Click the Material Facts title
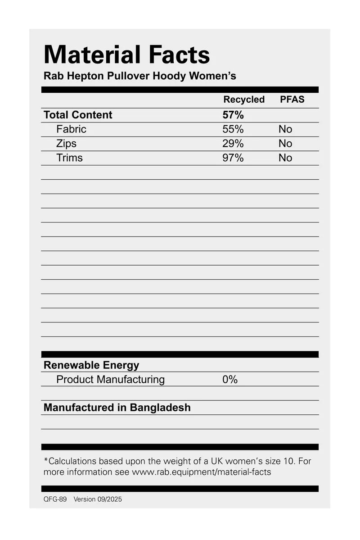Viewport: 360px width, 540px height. [x=126, y=55]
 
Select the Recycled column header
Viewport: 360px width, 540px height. [x=244, y=100]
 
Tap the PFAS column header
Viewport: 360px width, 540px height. [x=292, y=100]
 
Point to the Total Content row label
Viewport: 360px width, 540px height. [x=78, y=115]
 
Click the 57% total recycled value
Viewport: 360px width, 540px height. [x=233, y=115]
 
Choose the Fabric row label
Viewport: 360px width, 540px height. [x=71, y=129]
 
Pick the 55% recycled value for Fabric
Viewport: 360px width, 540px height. [x=233, y=129]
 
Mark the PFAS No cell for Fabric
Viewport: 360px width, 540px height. [x=285, y=129]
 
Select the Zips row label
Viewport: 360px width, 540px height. [x=66, y=144]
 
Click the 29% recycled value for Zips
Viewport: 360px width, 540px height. [x=233, y=144]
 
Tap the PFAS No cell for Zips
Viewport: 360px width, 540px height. [x=285, y=144]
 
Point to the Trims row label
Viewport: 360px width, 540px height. [x=69, y=158]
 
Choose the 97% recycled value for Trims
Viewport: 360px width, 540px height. [x=233, y=158]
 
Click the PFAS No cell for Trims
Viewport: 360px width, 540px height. [x=285, y=158]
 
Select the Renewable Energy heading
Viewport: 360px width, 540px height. [x=91, y=365]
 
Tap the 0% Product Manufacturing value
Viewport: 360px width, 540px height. [x=230, y=380]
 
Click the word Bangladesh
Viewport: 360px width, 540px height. [x=160, y=408]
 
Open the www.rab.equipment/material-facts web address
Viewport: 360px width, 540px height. [x=201, y=472]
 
